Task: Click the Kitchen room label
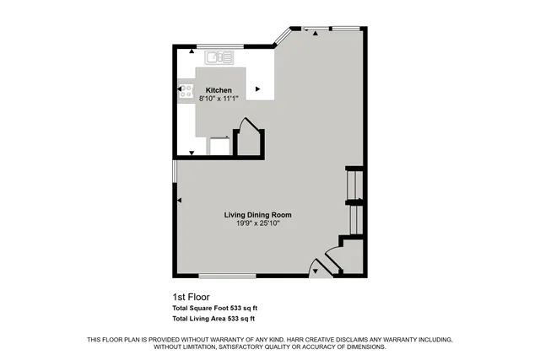tap(219, 90)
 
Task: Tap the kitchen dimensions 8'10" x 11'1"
tap(219, 99)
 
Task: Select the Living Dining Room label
tap(263, 214)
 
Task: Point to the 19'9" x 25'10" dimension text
tap(263, 223)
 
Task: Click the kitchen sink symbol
tap(219, 57)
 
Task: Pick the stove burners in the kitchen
tap(186, 92)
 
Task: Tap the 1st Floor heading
tap(192, 297)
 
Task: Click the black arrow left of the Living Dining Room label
tap(180, 200)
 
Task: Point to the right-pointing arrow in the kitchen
tap(258, 88)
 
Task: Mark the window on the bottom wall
tap(227, 276)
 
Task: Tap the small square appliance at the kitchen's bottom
tap(219, 146)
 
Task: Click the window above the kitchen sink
tap(220, 45)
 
